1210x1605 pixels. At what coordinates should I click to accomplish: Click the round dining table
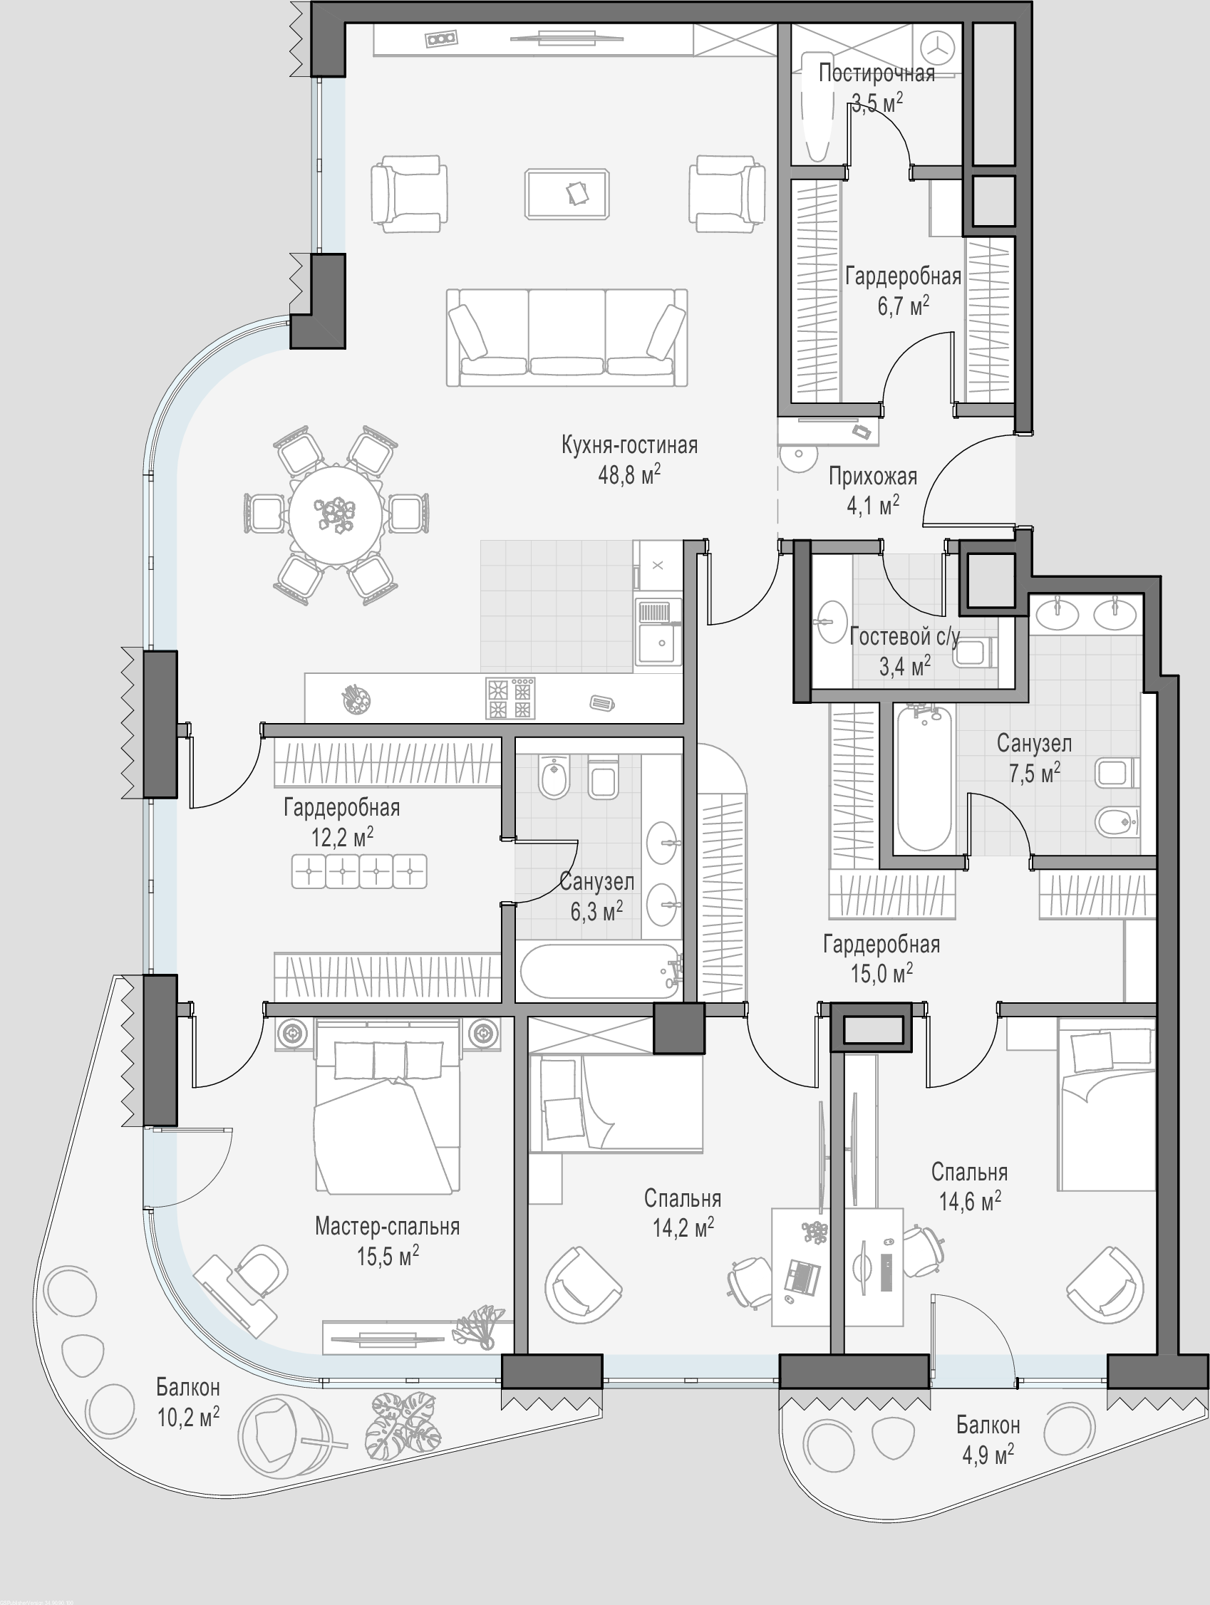point(336,515)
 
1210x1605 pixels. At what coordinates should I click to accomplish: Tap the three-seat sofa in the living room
point(567,338)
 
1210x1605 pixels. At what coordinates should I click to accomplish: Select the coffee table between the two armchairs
point(567,194)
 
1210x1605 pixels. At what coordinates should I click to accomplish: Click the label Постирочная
point(877,73)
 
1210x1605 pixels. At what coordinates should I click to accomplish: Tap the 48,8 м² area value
point(629,475)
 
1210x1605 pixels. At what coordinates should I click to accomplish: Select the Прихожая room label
point(873,476)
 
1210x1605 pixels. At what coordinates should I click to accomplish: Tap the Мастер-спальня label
point(388,1226)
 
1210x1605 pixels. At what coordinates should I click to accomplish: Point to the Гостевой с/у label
point(904,636)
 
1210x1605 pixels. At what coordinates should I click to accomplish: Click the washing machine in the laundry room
point(941,47)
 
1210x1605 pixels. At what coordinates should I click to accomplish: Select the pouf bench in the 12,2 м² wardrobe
point(359,871)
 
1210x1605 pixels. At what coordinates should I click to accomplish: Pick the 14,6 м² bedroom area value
point(971,1202)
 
